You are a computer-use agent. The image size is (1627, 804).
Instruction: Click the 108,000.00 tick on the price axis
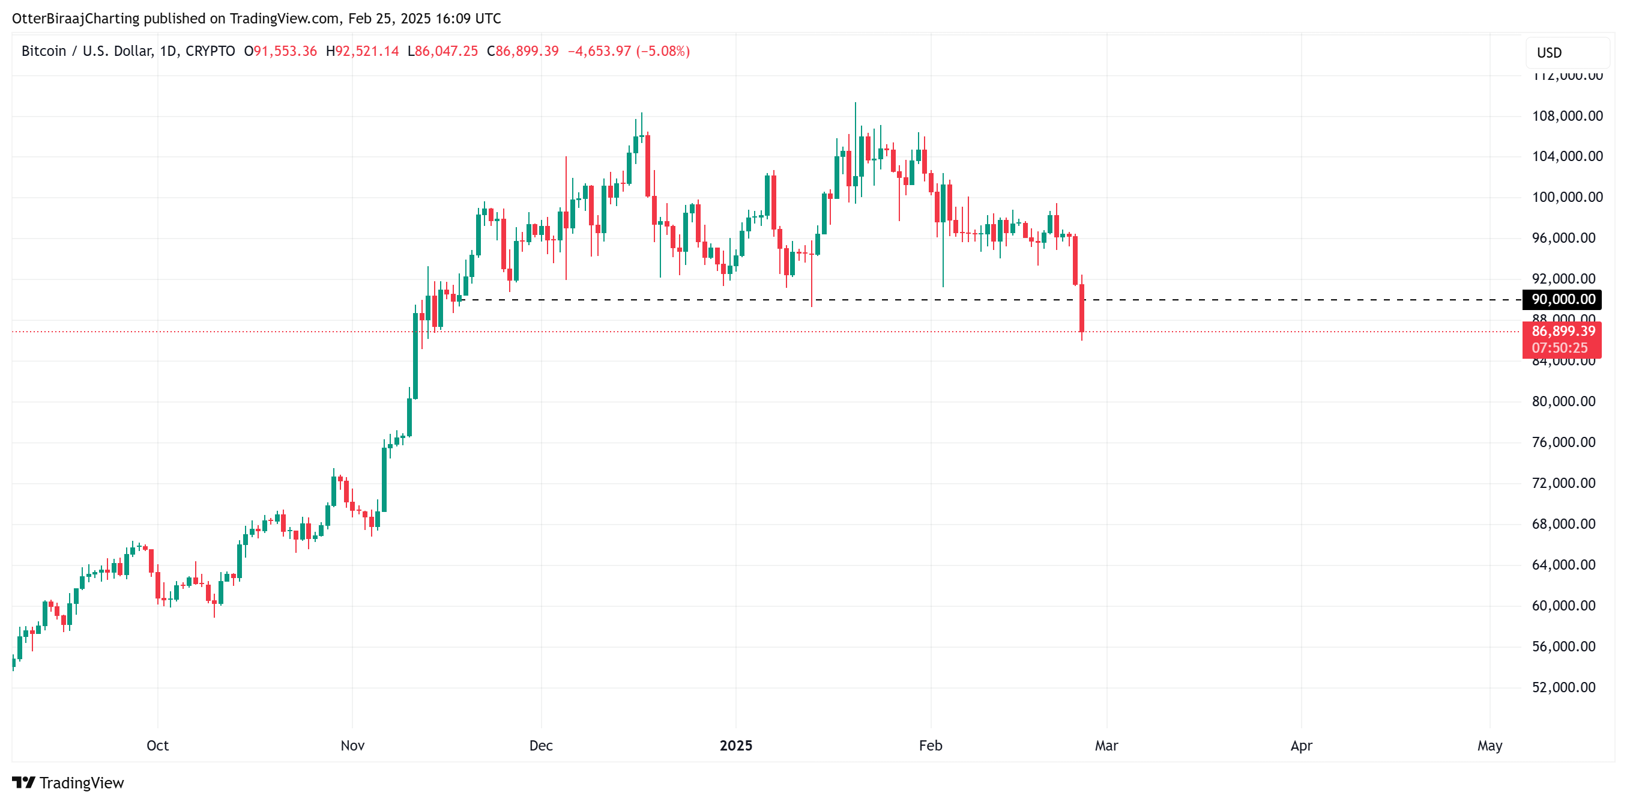pyautogui.click(x=1566, y=115)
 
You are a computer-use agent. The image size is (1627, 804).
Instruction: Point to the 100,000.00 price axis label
pyautogui.click(x=1566, y=197)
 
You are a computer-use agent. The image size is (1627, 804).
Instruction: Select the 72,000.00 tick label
pyautogui.click(x=1563, y=483)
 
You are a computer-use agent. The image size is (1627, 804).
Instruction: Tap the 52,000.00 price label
pyautogui.click(x=1563, y=687)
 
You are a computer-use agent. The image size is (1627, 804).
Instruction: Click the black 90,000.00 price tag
pyautogui.click(x=1563, y=299)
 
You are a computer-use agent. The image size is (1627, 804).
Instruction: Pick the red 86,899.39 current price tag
pyautogui.click(x=1563, y=331)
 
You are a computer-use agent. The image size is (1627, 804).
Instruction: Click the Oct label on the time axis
pyautogui.click(x=157, y=745)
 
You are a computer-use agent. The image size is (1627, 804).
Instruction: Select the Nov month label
pyautogui.click(x=352, y=745)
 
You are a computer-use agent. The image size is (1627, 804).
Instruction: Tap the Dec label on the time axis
pyautogui.click(x=541, y=745)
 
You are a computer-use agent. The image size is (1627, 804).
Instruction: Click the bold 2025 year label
pyautogui.click(x=736, y=745)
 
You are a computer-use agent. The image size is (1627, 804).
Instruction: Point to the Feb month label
pyautogui.click(x=931, y=745)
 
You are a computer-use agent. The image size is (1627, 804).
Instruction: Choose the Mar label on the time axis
pyautogui.click(x=1106, y=745)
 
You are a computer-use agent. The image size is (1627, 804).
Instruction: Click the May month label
pyautogui.click(x=1490, y=745)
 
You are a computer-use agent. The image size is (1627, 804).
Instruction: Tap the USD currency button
pyautogui.click(x=1550, y=52)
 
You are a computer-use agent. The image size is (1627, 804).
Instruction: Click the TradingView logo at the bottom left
pyautogui.click(x=68, y=782)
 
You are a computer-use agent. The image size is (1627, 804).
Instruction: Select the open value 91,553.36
pyautogui.click(x=285, y=51)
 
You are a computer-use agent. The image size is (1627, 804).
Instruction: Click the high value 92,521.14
pyautogui.click(x=366, y=51)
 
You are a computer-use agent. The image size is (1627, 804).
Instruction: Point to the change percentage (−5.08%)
pyautogui.click(x=663, y=51)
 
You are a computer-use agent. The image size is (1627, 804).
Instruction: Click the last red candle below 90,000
pyautogui.click(x=1082, y=308)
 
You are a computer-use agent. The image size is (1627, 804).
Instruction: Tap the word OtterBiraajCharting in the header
pyautogui.click(x=76, y=19)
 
